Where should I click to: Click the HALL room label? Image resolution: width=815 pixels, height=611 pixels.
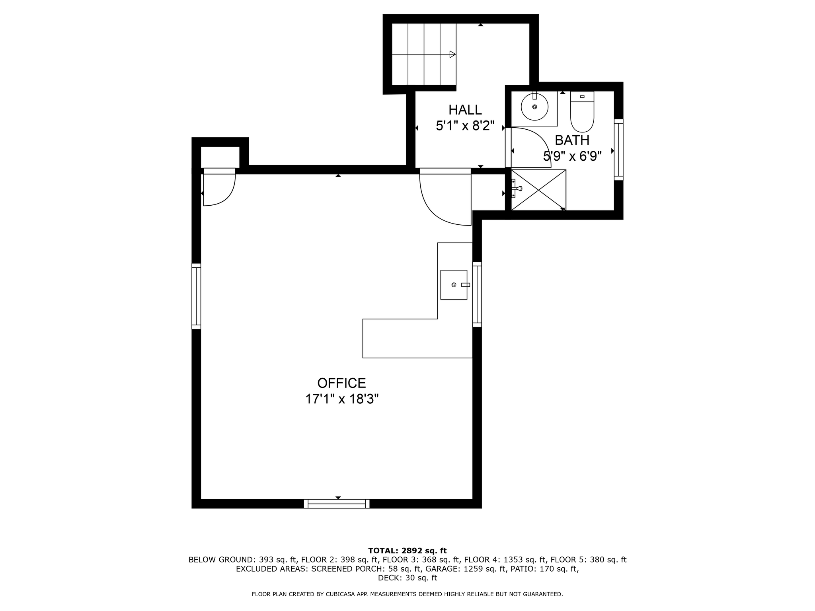point(465,110)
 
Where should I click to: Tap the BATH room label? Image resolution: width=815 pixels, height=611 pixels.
point(572,140)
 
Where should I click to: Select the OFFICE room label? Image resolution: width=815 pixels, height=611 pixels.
point(341,383)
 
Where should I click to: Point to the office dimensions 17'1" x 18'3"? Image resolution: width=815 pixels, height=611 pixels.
point(341,399)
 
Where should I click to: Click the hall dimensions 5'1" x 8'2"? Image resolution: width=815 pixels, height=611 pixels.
point(465,126)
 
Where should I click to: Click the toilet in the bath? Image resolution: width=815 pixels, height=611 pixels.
point(582,113)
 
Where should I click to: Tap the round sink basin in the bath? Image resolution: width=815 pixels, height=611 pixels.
point(534,107)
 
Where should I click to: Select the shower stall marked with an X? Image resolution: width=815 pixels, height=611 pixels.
point(538,190)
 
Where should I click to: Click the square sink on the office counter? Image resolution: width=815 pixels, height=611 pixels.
point(453,285)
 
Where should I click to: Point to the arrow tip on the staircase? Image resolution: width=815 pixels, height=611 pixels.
point(453,54)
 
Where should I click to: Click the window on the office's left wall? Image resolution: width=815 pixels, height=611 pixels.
point(196,296)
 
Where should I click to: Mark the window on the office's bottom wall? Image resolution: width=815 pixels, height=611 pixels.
point(337,504)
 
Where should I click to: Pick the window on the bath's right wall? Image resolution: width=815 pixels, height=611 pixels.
point(618,150)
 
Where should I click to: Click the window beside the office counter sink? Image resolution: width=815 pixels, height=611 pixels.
point(477,294)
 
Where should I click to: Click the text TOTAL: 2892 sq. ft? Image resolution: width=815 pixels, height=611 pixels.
point(407,551)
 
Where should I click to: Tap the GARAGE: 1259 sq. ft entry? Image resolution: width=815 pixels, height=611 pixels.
point(485,569)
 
